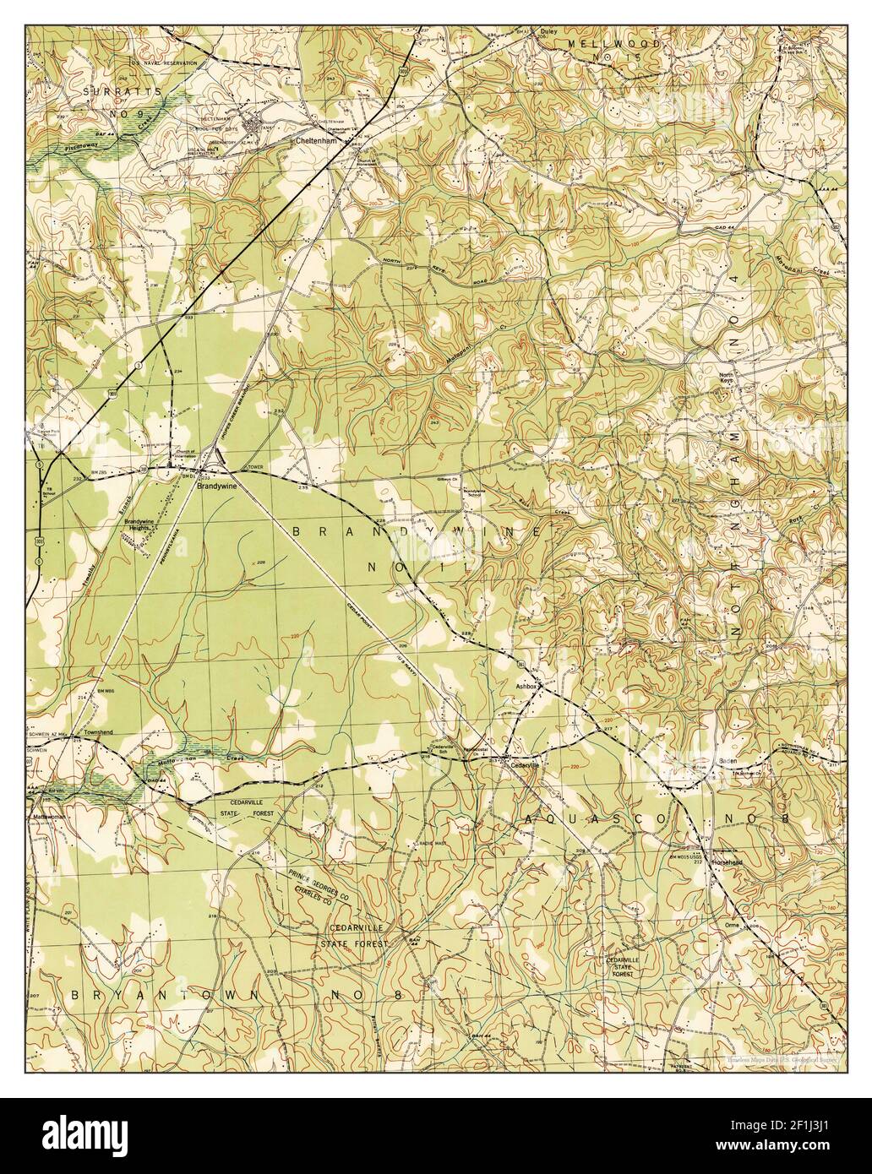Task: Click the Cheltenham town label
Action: pyautogui.click(x=313, y=141)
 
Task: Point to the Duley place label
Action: pyautogui.click(x=548, y=32)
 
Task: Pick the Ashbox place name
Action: pyautogui.click(x=527, y=688)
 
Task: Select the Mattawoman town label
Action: pyautogui.click(x=49, y=818)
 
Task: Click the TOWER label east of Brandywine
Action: pyautogui.click(x=255, y=467)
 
